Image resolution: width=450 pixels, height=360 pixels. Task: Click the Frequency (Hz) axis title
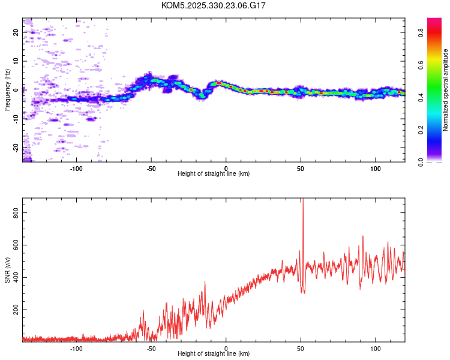coord(7,90)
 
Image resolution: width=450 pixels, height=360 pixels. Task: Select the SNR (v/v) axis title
coord(7,270)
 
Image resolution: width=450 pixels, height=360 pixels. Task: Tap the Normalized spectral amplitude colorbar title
coord(446,90)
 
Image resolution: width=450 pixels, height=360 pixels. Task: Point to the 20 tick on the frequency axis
coord(16,32)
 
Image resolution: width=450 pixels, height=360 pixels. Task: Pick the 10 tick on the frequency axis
coord(16,61)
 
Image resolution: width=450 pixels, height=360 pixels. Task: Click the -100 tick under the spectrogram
coord(76,168)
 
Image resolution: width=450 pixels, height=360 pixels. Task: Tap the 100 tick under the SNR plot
coord(376,348)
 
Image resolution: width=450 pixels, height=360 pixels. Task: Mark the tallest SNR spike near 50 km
coord(303,200)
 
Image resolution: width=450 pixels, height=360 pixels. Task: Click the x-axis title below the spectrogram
coord(214,174)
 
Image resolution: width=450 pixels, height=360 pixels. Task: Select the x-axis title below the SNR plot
coord(214,354)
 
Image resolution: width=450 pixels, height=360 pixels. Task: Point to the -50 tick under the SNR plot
coord(151,348)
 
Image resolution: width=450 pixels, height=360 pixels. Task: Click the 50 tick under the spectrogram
coord(301,168)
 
